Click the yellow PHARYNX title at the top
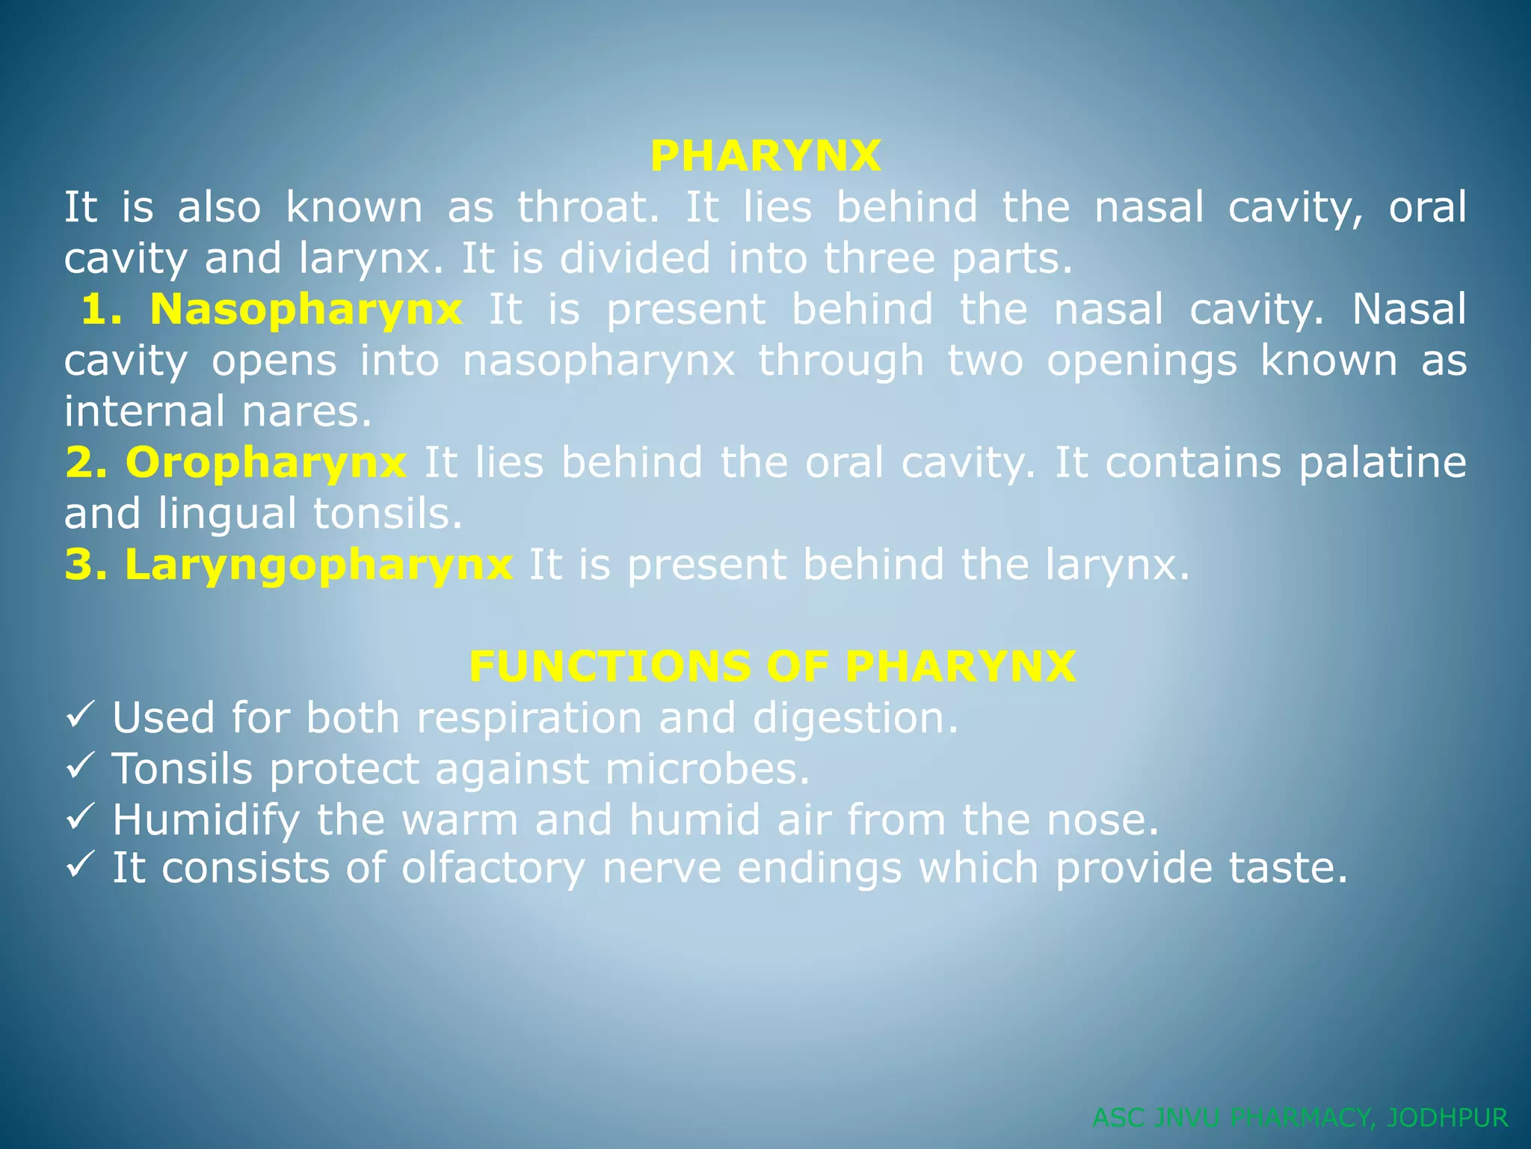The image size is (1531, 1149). click(x=765, y=156)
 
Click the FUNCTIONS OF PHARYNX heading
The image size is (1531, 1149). click(x=772, y=667)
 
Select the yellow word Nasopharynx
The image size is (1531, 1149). click(x=306, y=309)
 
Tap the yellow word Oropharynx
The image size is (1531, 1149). click(x=265, y=462)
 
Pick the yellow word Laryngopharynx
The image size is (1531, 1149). click(x=318, y=565)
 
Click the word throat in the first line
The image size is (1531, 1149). click(x=588, y=207)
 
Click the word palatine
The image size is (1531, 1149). click(x=1382, y=463)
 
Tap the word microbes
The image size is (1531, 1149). click(x=707, y=769)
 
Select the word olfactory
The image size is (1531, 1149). click(x=493, y=869)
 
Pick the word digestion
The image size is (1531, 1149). click(x=855, y=719)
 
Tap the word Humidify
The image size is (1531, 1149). click(x=206, y=820)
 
